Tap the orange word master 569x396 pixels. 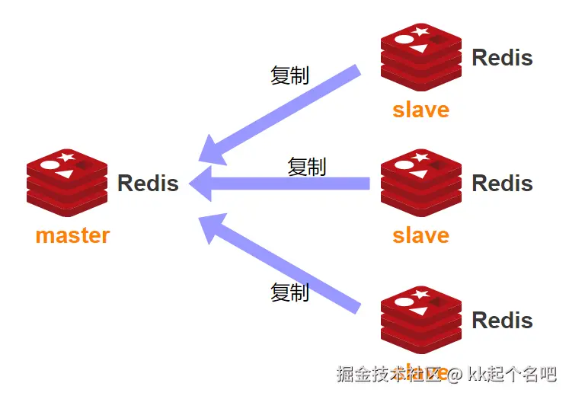tap(72, 235)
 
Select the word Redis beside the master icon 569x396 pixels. tap(148, 184)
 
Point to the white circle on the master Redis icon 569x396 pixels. tap(50, 164)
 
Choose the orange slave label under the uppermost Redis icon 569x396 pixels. tap(420, 110)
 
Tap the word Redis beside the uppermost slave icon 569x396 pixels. tap(502, 58)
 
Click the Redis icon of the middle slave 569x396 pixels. tap(421, 182)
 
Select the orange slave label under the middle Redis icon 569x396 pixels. tap(420, 235)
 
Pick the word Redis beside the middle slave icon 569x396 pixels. tap(502, 184)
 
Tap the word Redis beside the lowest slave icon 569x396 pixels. tap(502, 320)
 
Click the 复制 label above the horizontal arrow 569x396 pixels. tap(306, 166)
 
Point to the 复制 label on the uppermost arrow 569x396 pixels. tap(289, 75)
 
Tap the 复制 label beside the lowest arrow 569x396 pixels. tap(289, 292)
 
